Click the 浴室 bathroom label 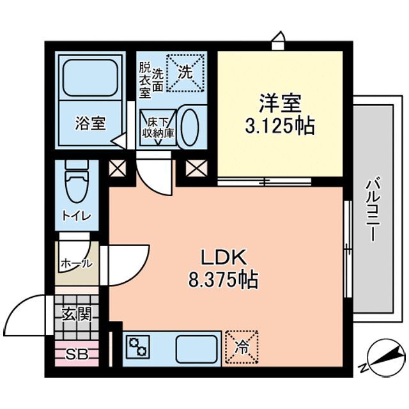(x=90, y=123)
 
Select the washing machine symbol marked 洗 (x=185, y=72)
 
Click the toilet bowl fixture (x=77, y=181)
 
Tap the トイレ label (x=77, y=216)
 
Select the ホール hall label (x=77, y=264)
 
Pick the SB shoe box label (x=77, y=355)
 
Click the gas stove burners (x=138, y=346)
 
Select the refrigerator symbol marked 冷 (x=242, y=347)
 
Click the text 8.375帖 (x=223, y=280)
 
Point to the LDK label (x=223, y=258)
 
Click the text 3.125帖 (x=280, y=126)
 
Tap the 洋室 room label (x=280, y=104)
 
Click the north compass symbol (x=385, y=358)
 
